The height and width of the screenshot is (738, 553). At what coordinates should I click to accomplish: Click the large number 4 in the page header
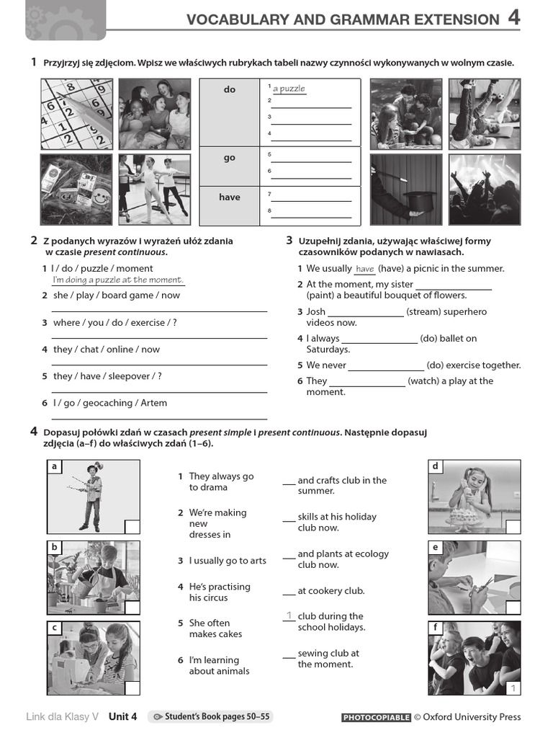click(513, 18)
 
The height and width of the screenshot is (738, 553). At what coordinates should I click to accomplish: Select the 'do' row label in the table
click(229, 90)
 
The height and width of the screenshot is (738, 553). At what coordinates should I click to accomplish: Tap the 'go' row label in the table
click(229, 158)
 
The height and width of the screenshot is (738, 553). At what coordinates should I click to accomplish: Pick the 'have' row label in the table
click(229, 197)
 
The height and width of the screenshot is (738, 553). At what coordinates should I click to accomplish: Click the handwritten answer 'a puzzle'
click(289, 89)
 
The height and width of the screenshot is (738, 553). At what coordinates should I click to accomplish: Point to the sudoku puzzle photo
click(76, 114)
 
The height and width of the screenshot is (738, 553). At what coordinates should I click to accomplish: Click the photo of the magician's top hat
click(406, 190)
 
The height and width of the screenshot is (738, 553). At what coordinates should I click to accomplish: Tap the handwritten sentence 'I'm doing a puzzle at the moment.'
click(118, 280)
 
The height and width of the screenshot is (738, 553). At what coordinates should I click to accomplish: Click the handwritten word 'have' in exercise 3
click(365, 269)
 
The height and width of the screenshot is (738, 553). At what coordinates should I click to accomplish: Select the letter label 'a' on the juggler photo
click(54, 467)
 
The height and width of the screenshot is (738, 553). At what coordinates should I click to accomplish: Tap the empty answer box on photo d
click(512, 527)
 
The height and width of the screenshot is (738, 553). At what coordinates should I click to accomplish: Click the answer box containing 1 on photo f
click(513, 688)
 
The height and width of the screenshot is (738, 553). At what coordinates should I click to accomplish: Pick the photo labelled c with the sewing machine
click(93, 659)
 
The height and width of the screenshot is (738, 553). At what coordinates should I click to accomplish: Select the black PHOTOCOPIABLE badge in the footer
click(375, 717)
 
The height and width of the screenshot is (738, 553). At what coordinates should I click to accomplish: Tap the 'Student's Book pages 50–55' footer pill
click(210, 716)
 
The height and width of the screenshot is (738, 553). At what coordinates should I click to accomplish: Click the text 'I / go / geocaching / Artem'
click(109, 403)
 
